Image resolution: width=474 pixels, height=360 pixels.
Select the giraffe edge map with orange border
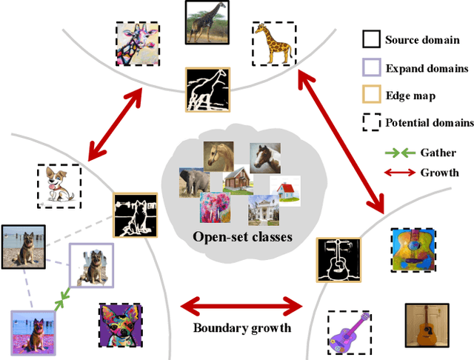pos(207,90)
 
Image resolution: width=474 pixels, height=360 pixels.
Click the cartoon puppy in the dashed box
pos(59,183)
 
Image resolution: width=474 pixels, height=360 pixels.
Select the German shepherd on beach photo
pos(23,247)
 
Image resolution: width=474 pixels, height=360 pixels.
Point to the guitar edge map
pos(338,260)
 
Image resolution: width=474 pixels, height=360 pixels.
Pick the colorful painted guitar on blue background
pos(413,250)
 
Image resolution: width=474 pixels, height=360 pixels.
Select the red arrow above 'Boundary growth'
pos(242,304)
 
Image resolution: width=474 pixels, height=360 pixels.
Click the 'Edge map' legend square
pos(371,95)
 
